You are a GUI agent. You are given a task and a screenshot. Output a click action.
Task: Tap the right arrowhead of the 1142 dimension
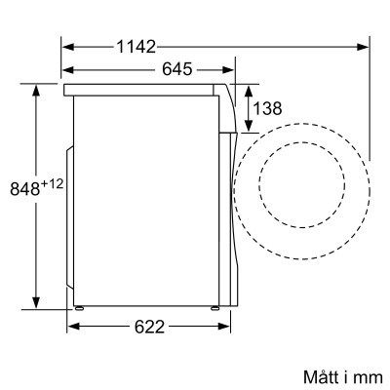point(364,46)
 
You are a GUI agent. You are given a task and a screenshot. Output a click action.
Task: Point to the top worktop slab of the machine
point(141,89)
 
